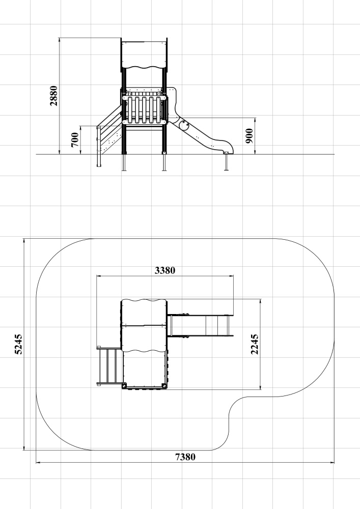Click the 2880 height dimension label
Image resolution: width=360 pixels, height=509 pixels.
pyautogui.click(x=54, y=96)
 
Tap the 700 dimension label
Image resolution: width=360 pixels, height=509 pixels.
pyautogui.click(x=75, y=139)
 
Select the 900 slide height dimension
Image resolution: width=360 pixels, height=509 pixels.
pyautogui.click(x=250, y=136)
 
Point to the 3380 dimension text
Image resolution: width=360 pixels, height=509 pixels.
pyautogui.click(x=165, y=270)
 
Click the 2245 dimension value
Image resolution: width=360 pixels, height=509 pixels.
pyautogui.click(x=255, y=344)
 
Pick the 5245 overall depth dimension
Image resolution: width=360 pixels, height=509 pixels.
pyautogui.click(x=19, y=344)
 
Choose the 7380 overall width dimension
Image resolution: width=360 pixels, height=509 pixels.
pyautogui.click(x=185, y=457)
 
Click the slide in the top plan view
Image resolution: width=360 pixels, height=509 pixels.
pyautogui.click(x=200, y=326)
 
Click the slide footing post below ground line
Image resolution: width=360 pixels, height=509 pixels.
pyautogui.click(x=226, y=162)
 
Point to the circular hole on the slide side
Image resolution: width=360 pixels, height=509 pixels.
pyautogui.click(x=184, y=124)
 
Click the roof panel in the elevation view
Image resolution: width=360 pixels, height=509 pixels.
pyautogui.click(x=145, y=54)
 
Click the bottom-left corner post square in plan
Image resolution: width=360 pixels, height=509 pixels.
pyautogui.click(x=124, y=386)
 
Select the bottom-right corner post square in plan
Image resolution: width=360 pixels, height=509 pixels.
pyautogui.click(x=164, y=386)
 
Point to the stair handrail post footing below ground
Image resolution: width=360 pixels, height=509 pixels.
pyautogui.click(x=99, y=160)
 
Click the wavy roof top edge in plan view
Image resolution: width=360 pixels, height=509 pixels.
pyautogui.click(x=144, y=300)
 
